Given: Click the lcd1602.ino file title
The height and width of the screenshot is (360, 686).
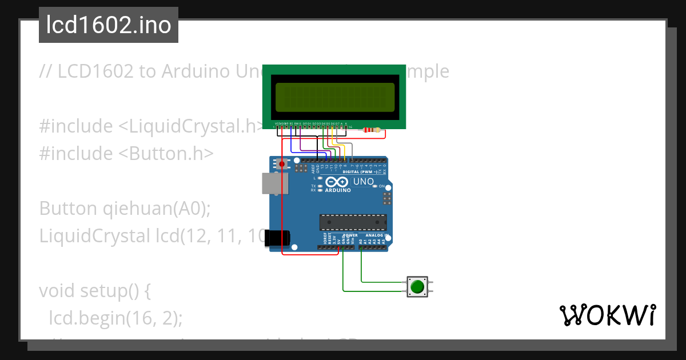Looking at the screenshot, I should point(108,25).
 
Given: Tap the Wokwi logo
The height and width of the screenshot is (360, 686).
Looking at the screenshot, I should point(607,315).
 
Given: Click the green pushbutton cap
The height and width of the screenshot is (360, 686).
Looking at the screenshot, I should point(418,286).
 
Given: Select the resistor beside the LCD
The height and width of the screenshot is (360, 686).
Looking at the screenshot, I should point(372,130).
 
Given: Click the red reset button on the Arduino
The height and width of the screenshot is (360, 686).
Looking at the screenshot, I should point(282,165).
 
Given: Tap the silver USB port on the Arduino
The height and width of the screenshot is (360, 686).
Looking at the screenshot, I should point(274,183).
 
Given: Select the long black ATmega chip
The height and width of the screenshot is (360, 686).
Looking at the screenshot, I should point(353,222).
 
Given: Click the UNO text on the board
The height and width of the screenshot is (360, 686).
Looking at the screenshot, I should point(364,182).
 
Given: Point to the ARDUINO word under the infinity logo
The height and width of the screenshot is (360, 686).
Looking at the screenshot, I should point(338,190).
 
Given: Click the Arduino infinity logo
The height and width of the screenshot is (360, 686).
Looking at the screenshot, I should point(337,182).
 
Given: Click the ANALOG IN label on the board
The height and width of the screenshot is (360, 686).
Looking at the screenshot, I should point(377,235).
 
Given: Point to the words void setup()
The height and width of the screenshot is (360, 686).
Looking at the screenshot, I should point(94,291).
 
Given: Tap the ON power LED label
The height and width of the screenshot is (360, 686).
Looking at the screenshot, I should point(382,186).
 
